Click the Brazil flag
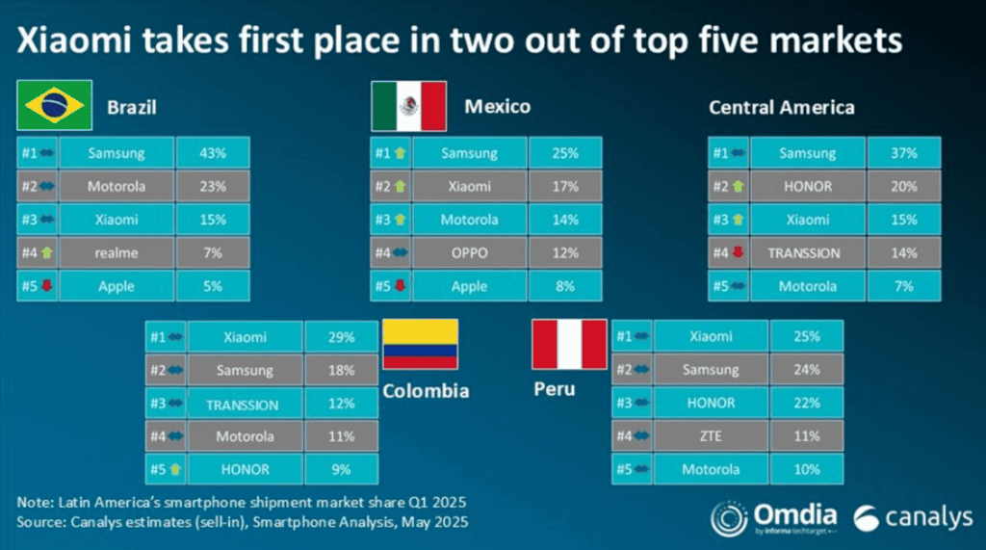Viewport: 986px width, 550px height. pyautogui.click(x=54, y=106)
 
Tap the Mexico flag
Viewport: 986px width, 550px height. pyautogui.click(x=408, y=106)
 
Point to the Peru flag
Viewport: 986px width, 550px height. pyautogui.click(x=570, y=346)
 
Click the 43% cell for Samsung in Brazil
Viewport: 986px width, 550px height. pyautogui.click(x=213, y=153)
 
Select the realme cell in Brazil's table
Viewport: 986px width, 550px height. pyautogui.click(x=117, y=253)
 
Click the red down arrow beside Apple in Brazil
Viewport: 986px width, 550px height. pyautogui.click(x=46, y=286)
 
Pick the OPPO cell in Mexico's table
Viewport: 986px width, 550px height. pyautogui.click(x=469, y=253)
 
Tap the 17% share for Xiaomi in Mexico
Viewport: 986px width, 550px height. pyautogui.click(x=565, y=187)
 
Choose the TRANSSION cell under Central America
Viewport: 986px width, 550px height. pyautogui.click(x=804, y=253)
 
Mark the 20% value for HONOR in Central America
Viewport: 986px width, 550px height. pyautogui.click(x=903, y=187)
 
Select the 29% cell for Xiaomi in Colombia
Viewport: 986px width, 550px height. pyautogui.click(x=341, y=337)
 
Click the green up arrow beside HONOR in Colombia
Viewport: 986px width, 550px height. pyautogui.click(x=175, y=469)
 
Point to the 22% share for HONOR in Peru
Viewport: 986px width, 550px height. pyautogui.click(x=807, y=403)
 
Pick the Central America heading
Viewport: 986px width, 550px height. pyautogui.click(x=781, y=107)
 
